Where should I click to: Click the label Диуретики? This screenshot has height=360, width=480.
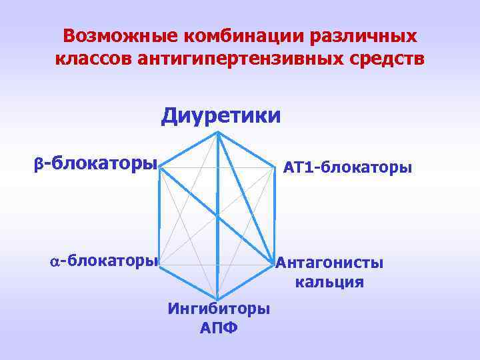(221, 116)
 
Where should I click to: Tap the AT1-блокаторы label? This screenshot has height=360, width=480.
(347, 167)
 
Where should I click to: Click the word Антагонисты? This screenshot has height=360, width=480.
(330, 263)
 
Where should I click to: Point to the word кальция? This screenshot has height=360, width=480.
(329, 282)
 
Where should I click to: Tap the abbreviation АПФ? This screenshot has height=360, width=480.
(219, 329)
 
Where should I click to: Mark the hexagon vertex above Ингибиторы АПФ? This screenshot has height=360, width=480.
(217, 297)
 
